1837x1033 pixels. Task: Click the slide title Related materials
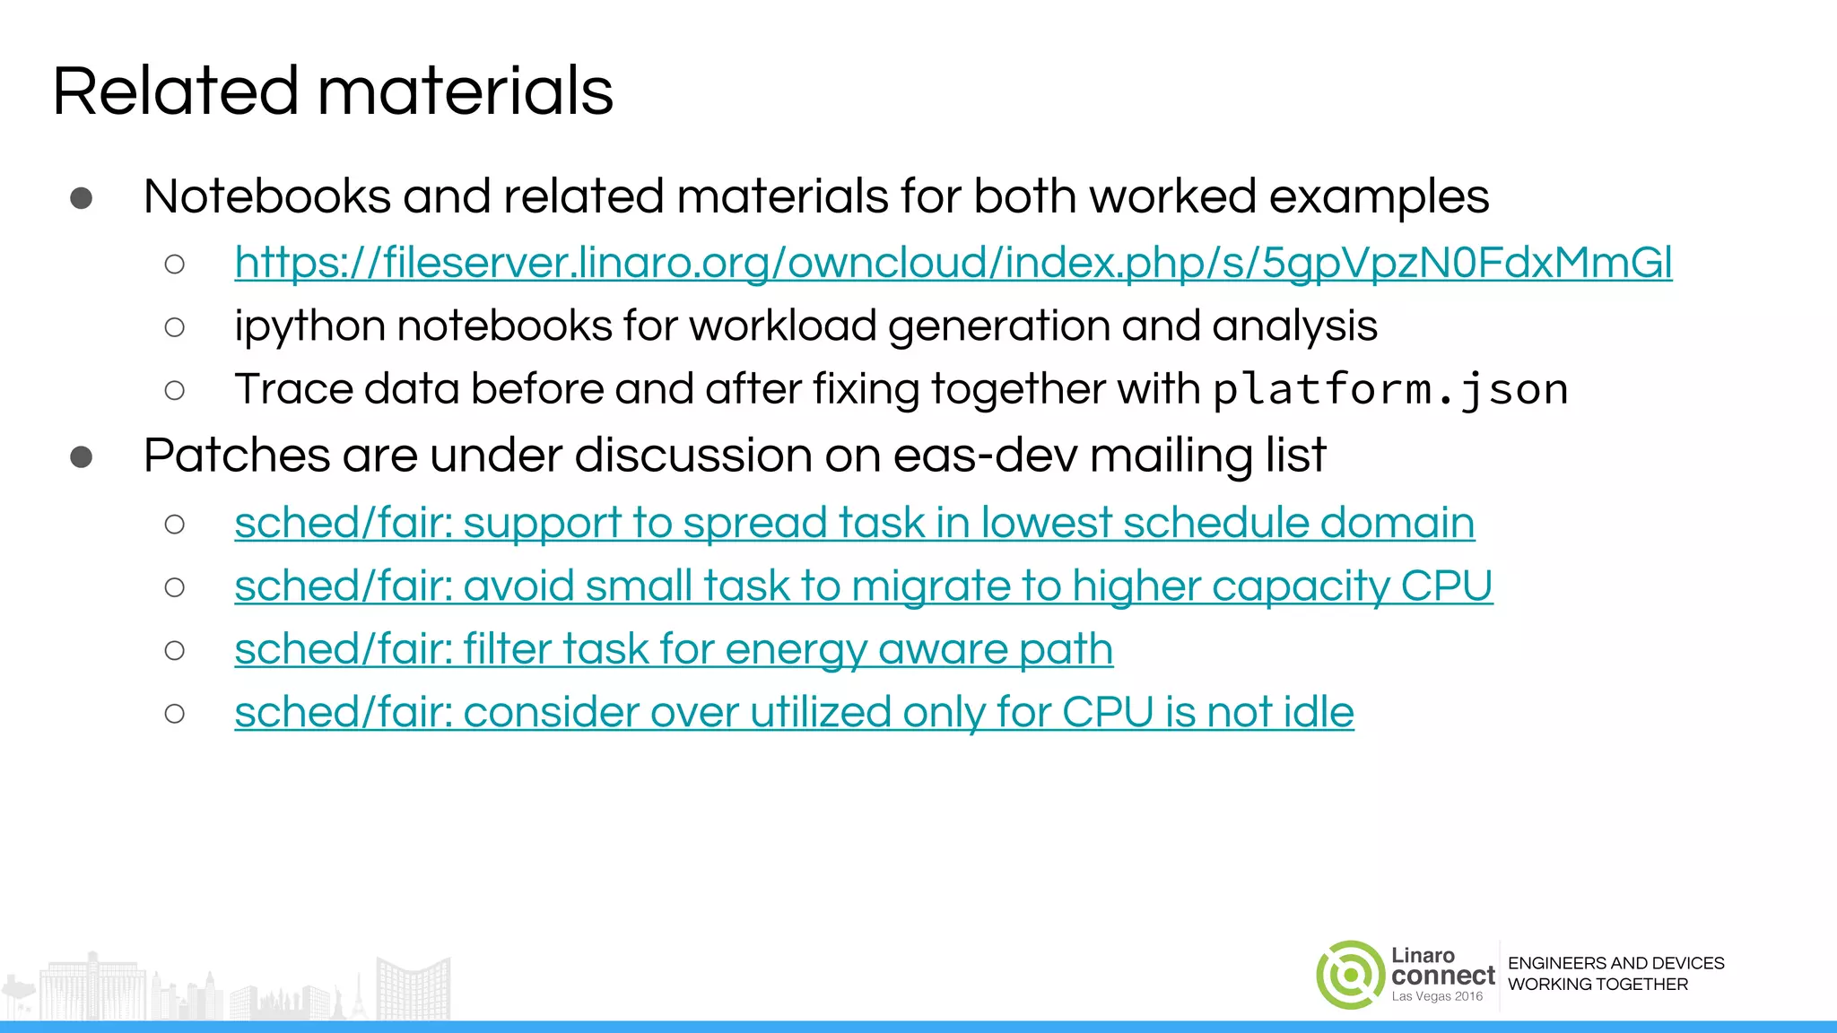pyautogui.click(x=333, y=91)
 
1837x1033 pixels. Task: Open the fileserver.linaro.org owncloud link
pyautogui.click(x=953, y=263)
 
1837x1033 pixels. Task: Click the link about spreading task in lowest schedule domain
pyautogui.click(x=854, y=523)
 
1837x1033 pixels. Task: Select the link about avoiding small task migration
pyautogui.click(x=863, y=586)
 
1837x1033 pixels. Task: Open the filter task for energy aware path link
pyautogui.click(x=674, y=649)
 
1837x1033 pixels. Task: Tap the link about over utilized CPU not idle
pyautogui.click(x=794, y=713)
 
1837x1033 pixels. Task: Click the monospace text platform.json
pyautogui.click(x=1389, y=390)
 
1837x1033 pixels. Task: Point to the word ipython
pyautogui.click(x=309, y=326)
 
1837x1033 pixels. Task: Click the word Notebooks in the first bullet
pyautogui.click(x=267, y=196)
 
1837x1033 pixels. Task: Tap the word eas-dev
pyautogui.click(x=985, y=456)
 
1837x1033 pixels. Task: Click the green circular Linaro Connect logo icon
pyautogui.click(x=1350, y=975)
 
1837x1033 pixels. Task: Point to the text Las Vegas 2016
pyautogui.click(x=1437, y=996)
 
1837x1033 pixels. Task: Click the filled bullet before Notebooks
pyautogui.click(x=82, y=198)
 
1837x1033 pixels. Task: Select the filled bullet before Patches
pyautogui.click(x=82, y=457)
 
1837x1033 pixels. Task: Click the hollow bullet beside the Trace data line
pyautogui.click(x=175, y=390)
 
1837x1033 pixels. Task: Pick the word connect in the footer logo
pyautogui.click(x=1442, y=976)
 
